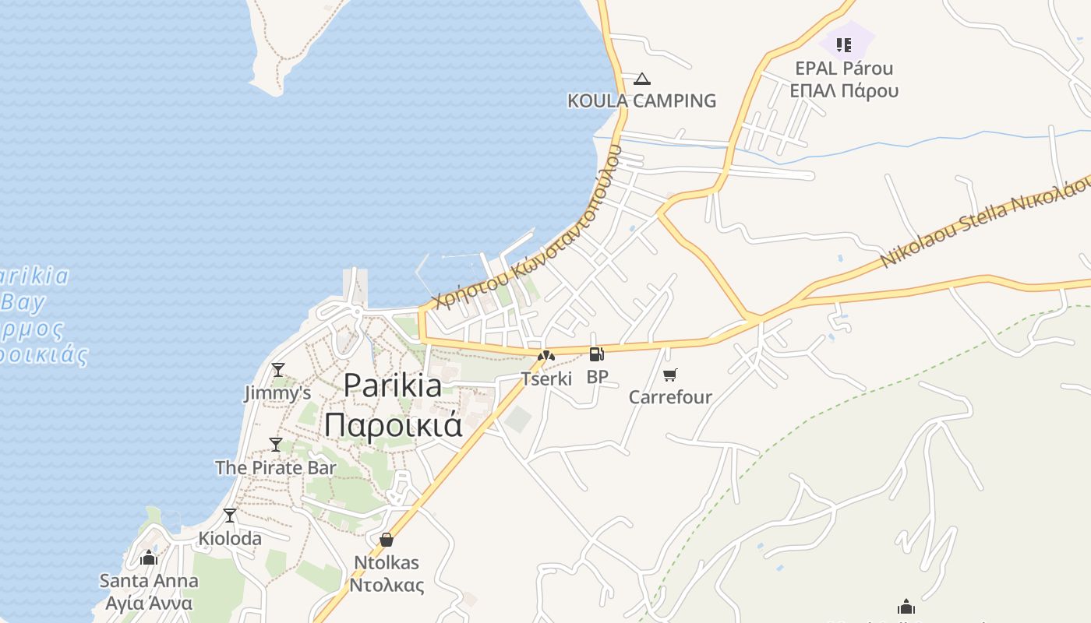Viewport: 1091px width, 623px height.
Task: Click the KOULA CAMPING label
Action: click(641, 100)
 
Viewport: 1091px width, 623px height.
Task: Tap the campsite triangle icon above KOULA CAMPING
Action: click(641, 79)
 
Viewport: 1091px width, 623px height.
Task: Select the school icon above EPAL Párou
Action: click(844, 44)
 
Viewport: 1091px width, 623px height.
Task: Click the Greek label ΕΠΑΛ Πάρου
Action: click(844, 90)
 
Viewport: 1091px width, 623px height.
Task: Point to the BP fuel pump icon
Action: click(596, 355)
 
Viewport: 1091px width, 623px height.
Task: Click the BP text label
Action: click(597, 377)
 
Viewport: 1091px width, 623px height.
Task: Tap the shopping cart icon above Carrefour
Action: click(669, 375)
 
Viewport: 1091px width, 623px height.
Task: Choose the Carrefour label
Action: click(670, 397)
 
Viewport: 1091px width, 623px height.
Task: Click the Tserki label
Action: click(546, 379)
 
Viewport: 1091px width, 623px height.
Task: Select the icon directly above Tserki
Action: click(545, 357)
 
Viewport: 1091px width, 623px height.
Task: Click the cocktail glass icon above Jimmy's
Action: click(278, 369)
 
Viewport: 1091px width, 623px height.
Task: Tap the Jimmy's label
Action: click(277, 392)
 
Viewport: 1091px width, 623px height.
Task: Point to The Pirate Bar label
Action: click(276, 467)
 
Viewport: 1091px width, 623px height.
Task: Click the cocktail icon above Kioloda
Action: click(230, 516)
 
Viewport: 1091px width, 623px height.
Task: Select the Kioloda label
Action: click(230, 538)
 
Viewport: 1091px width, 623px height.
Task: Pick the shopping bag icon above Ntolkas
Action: click(387, 540)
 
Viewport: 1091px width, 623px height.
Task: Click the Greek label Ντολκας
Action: click(387, 586)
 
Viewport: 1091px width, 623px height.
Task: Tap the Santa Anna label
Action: click(149, 581)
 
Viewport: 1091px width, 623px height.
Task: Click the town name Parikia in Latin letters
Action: click(393, 385)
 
